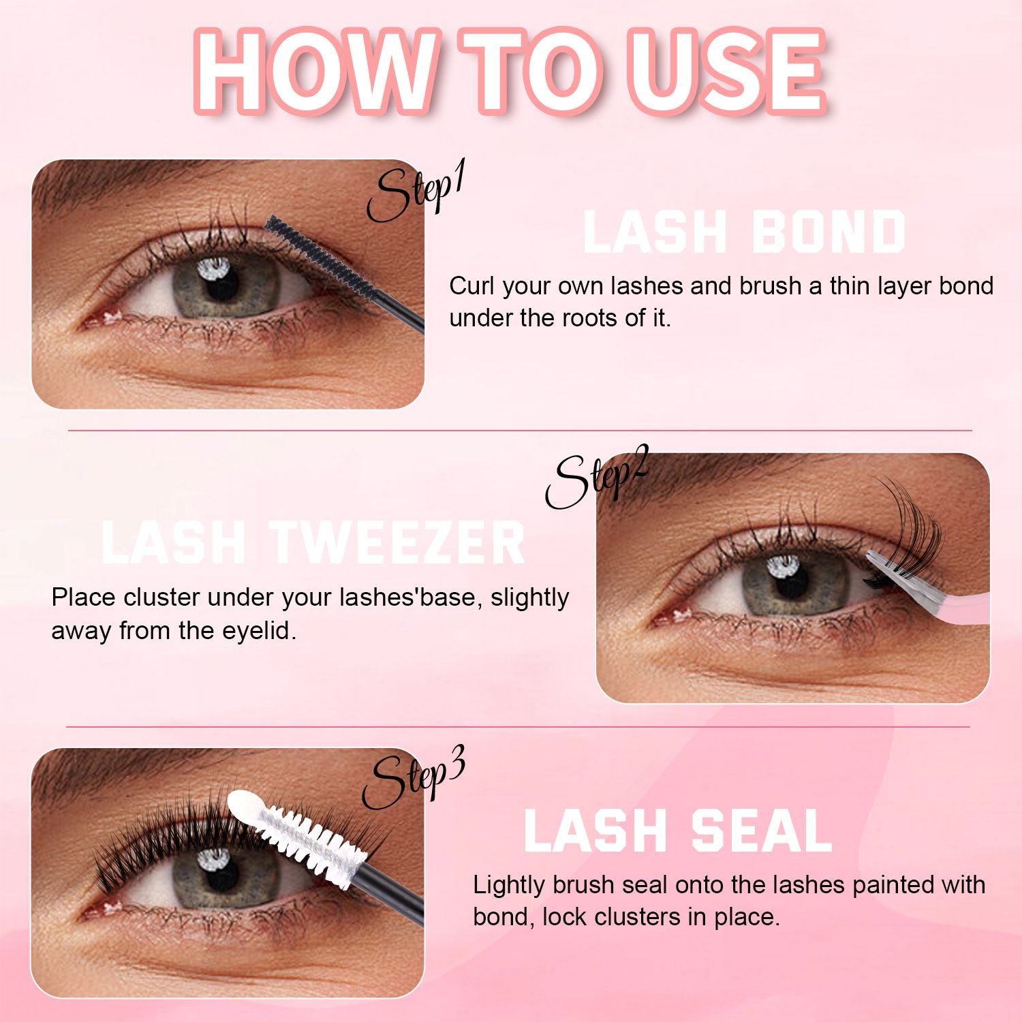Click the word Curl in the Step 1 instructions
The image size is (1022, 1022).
tap(472, 286)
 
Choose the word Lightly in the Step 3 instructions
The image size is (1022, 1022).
tap(509, 885)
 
